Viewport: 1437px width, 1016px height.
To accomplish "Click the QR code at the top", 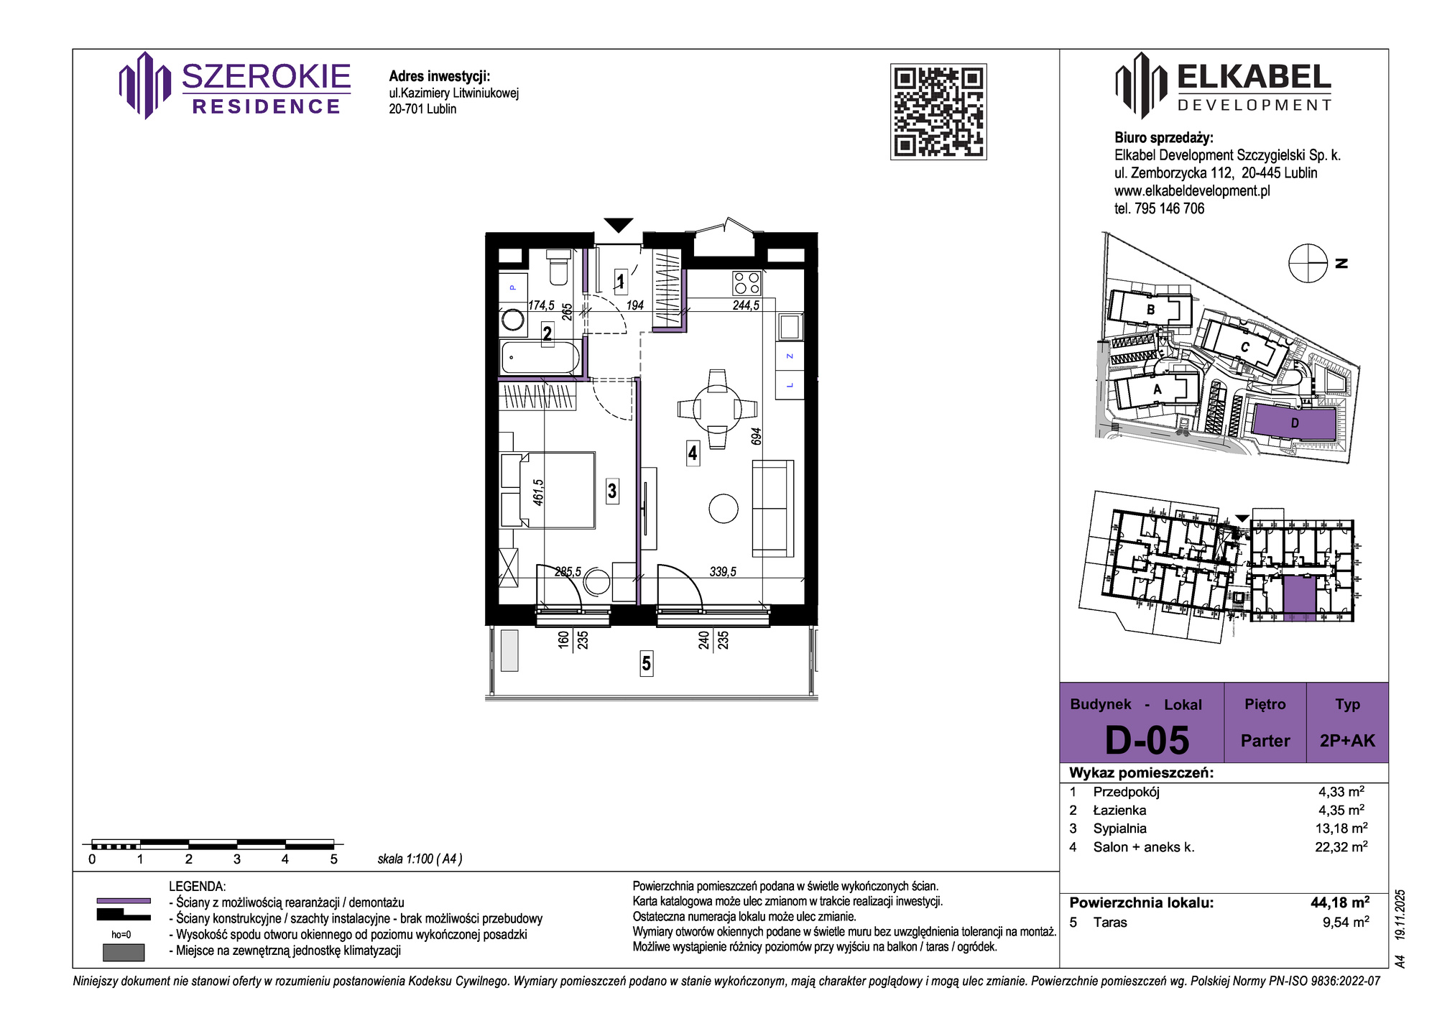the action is point(938,111).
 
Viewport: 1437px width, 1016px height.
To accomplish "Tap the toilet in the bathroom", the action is point(558,267).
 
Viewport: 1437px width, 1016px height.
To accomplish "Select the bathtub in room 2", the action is point(540,357).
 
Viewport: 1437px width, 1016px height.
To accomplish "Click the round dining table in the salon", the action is point(717,409).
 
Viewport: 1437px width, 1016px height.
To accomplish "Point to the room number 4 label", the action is point(693,453).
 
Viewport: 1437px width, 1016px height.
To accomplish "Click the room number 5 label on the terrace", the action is point(647,663).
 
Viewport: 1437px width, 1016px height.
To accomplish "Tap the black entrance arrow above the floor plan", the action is point(618,225).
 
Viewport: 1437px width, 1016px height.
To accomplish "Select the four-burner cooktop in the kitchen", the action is point(747,282).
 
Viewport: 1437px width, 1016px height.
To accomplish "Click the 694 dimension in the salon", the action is point(756,437).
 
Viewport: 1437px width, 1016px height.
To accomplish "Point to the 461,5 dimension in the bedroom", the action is point(539,492).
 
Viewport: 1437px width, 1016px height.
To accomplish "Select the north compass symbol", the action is point(1308,263).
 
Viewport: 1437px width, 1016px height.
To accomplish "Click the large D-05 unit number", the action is point(1147,740).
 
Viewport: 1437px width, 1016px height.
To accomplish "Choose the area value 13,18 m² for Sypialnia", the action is point(1341,828).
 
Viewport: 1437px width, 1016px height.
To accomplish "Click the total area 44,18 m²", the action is point(1340,902).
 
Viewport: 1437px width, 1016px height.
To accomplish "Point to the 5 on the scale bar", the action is point(333,859).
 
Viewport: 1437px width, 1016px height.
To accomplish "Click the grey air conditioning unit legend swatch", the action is point(124,952).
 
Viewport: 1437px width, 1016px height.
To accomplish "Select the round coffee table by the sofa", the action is point(724,509).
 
